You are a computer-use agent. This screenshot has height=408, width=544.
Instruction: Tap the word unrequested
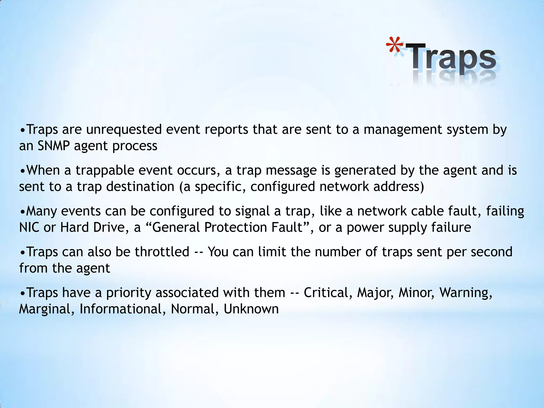click(124, 130)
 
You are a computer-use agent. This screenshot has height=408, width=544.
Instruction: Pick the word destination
click(140, 187)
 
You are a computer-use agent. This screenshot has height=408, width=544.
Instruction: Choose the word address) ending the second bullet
click(399, 187)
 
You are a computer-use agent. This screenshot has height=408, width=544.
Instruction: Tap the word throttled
click(162, 252)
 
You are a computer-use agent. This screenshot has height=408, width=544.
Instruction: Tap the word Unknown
click(251, 309)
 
